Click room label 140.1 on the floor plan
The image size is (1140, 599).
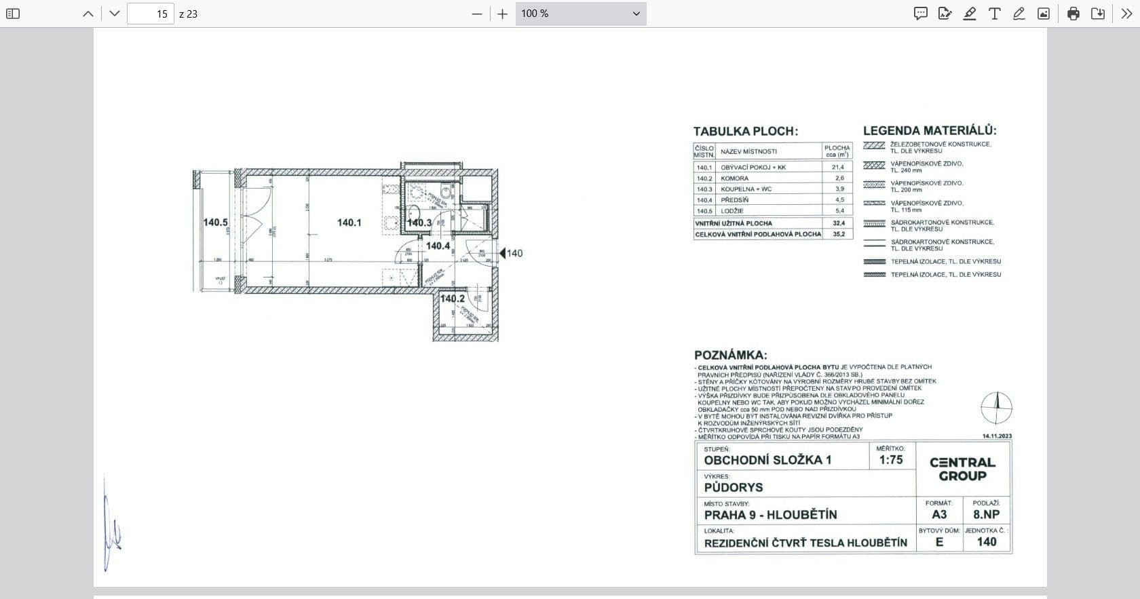pos(349,223)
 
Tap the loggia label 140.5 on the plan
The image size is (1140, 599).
pos(215,223)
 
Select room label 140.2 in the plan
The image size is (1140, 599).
pos(452,298)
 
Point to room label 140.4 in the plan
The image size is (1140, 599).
pos(438,246)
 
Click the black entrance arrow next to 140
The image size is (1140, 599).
pos(502,253)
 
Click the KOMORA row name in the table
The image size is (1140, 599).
pos(734,178)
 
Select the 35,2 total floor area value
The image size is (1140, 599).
pos(838,234)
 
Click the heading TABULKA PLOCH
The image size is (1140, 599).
pos(745,132)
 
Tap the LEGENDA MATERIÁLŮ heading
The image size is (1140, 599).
pos(929,131)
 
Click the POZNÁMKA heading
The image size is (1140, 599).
pos(730,355)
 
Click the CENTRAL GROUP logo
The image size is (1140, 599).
pos(962,469)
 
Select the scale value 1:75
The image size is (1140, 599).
pos(890,460)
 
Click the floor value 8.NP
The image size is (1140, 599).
pos(986,514)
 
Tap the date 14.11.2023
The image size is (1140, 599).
pos(997,436)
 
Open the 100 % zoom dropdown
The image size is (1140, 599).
pos(580,14)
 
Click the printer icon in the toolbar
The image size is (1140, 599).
pos(1073,14)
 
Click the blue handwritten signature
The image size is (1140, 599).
pos(112,526)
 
